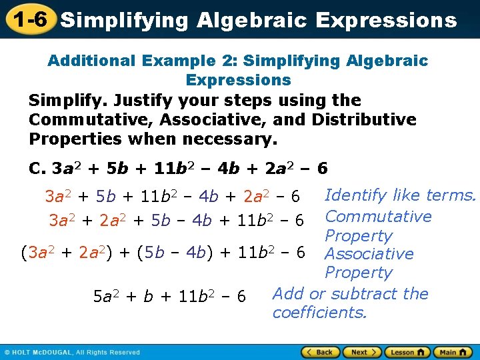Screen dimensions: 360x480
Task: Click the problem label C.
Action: pos(37,168)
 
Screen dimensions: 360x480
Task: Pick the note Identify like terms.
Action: pos(400,195)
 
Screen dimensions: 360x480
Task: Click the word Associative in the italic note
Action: pos(369,254)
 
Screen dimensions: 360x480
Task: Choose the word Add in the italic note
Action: pos(289,294)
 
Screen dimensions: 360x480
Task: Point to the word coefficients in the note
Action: pos(319,313)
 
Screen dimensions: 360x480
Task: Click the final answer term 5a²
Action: pos(107,296)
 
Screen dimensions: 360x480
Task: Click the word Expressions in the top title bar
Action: pos(387,20)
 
